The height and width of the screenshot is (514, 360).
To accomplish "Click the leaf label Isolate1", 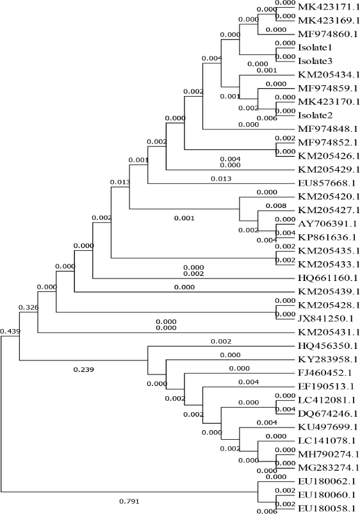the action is [315, 47].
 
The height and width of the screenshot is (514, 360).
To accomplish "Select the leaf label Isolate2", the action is [315, 115].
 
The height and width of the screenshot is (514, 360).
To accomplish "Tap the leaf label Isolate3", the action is [315, 61].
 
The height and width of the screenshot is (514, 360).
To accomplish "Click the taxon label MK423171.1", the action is [328, 6].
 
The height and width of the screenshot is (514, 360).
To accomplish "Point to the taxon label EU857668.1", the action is [327, 183].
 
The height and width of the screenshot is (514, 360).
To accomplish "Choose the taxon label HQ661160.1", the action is [328, 278].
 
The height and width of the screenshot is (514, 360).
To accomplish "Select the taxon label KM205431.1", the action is [329, 332].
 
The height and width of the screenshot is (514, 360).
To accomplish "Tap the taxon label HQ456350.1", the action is [328, 346].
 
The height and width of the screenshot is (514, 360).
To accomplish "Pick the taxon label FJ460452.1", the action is [325, 373].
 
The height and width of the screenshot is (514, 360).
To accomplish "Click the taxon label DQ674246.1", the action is [328, 414].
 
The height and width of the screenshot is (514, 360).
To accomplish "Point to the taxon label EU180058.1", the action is [327, 509].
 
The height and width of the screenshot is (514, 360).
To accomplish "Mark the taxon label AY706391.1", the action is [327, 224].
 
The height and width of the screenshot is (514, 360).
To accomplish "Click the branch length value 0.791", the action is [129, 501].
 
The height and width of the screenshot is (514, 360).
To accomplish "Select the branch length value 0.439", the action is [10, 332].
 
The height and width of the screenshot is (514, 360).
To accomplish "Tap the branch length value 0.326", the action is [29, 307].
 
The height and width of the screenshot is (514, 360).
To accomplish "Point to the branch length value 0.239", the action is [84, 370].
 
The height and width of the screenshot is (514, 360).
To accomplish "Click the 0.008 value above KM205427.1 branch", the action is [276, 206].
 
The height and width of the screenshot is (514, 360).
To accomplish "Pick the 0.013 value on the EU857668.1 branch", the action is [221, 179].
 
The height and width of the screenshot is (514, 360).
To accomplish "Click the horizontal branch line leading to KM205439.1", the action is [185, 292].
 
